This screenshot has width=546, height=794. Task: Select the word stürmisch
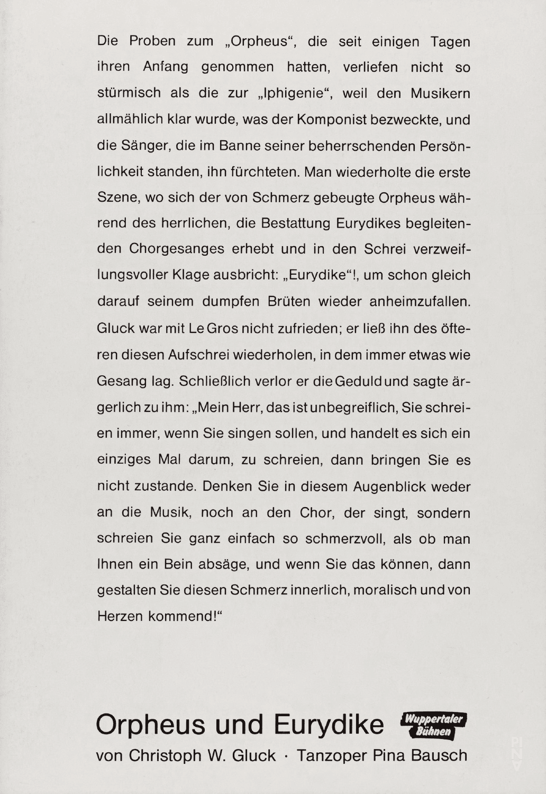(129, 94)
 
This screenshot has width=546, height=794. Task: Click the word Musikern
(440, 94)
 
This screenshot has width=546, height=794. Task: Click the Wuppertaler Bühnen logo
(434, 725)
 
